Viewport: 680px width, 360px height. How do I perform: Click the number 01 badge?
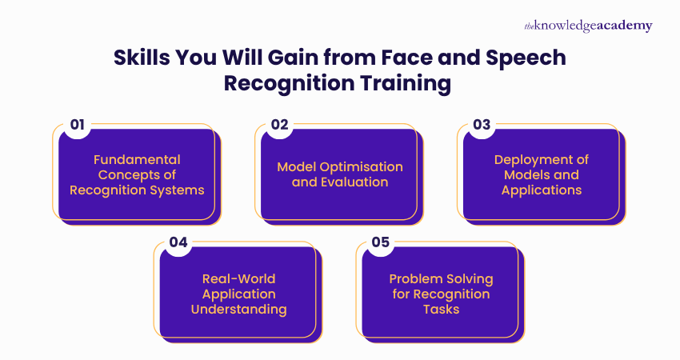click(x=78, y=125)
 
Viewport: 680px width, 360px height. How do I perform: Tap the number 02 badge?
click(x=279, y=125)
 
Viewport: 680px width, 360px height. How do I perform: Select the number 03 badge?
click(x=482, y=125)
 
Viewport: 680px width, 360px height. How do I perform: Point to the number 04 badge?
click(x=178, y=242)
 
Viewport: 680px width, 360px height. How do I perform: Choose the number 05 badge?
click(x=380, y=242)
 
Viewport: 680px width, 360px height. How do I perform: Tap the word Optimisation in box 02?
click(x=361, y=166)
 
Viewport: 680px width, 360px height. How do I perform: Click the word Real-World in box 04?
click(x=238, y=278)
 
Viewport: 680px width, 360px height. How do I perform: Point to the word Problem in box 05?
click(x=414, y=278)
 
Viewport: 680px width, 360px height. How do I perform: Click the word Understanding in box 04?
click(x=238, y=309)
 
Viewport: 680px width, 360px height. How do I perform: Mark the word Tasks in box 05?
click(x=441, y=309)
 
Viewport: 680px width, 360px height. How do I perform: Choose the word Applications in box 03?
click(x=542, y=190)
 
